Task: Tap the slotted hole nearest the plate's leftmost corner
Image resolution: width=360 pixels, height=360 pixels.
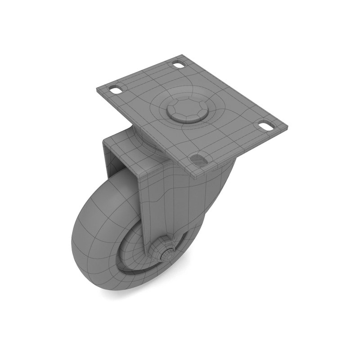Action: click(116, 90)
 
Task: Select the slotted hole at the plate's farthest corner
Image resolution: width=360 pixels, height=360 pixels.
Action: click(179, 65)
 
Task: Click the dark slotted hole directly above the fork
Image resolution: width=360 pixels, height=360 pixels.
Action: click(198, 159)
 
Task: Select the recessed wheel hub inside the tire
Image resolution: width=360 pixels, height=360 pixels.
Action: click(135, 252)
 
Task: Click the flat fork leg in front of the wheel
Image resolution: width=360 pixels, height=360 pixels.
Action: click(155, 202)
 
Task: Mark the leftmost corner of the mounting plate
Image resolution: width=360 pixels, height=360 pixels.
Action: click(96, 88)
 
